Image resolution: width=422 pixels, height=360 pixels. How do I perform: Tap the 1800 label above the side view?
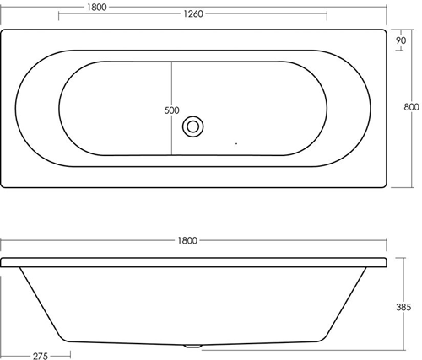point(187,240)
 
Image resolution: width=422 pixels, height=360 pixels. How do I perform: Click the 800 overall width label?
point(411,107)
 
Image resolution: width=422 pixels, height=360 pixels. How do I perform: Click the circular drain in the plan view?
point(193,126)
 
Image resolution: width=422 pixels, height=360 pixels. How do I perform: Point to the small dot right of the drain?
point(237,144)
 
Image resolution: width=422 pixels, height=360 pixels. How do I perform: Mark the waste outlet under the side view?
point(193,346)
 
